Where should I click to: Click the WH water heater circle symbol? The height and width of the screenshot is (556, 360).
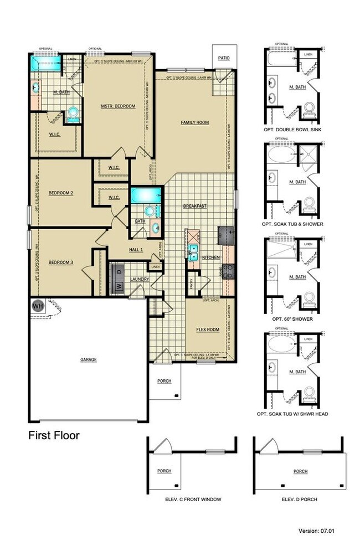[x=38, y=306]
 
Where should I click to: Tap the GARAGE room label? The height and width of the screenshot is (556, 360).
[x=88, y=359]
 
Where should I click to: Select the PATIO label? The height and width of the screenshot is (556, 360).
[x=223, y=58]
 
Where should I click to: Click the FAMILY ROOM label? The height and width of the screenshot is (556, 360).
[x=194, y=122]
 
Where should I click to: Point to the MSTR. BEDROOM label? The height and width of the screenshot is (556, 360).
[x=117, y=106]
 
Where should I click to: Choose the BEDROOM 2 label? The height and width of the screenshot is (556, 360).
[x=61, y=193]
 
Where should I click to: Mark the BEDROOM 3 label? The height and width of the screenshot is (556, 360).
[x=61, y=262]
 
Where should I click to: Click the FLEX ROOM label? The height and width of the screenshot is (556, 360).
[x=208, y=330]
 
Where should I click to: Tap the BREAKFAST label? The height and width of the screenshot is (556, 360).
[x=195, y=206]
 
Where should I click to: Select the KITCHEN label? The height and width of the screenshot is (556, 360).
[x=211, y=258]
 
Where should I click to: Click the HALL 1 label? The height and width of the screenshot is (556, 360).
[x=136, y=250]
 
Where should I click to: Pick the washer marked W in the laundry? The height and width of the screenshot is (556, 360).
[x=117, y=286]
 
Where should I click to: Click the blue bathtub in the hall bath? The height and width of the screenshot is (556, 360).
[x=145, y=195]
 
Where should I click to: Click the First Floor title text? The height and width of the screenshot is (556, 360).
[x=54, y=435]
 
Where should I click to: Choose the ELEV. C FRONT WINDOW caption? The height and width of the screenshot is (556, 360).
[x=193, y=499]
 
